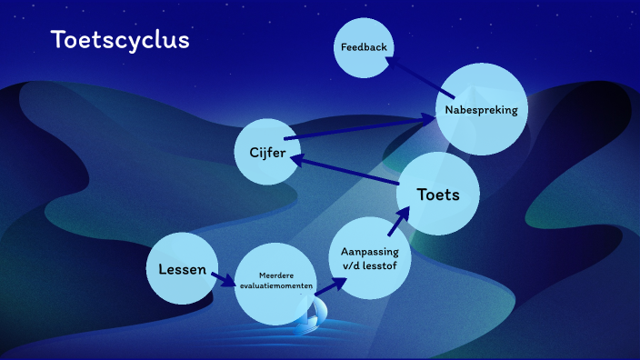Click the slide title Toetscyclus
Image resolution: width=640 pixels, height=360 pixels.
pos(120,40)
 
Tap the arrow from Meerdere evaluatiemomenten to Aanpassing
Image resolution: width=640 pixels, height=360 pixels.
pos(332,283)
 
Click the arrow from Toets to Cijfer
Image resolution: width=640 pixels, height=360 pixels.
pos(345,172)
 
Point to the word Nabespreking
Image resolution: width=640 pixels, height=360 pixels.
pos(481,110)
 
